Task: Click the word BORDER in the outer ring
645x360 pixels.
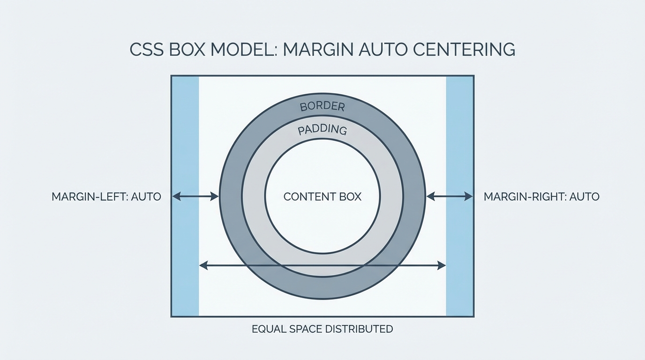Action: coord(322,106)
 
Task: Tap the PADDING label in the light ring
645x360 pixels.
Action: coord(322,130)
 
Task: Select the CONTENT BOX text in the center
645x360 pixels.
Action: coord(322,196)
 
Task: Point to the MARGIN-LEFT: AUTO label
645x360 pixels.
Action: coord(106,196)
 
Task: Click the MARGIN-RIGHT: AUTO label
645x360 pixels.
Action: coord(541,196)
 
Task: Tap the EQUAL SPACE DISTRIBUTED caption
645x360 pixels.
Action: coord(322,329)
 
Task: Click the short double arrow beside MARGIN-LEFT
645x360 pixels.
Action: coord(195,196)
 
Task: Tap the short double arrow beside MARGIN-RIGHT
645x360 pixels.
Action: coord(450,196)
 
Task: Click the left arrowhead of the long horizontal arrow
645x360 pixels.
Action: coord(203,266)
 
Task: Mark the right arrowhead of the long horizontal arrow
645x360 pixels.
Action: coord(442,266)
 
